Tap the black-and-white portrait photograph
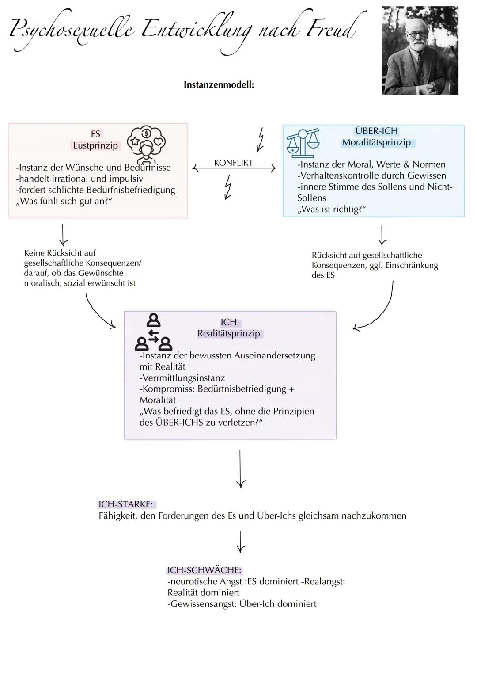coord(420,50)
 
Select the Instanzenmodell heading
coord(219,84)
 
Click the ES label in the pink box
coord(95,134)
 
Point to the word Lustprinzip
coord(95,145)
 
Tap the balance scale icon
coord(303,143)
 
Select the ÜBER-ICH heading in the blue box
coord(376,131)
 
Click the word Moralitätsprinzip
coord(376,142)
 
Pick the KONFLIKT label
coord(233,163)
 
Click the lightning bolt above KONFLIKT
coord(261,139)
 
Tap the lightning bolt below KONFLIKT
coord(228,187)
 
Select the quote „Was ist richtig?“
coord(332,209)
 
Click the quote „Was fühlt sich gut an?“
coord(64,201)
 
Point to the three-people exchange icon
coord(153,332)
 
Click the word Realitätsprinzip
coord(229,333)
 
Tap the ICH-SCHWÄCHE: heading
coord(204,570)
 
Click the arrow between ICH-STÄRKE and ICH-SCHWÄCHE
coord(240,542)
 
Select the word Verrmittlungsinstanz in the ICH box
coord(182,378)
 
